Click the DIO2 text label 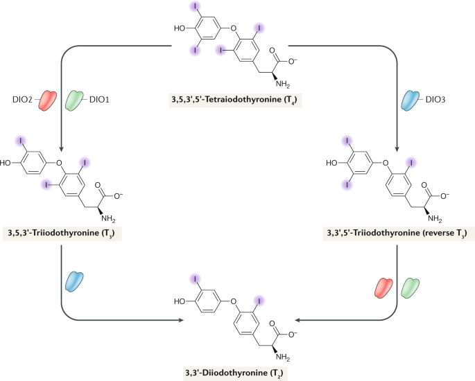click(22, 100)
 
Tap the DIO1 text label click(99, 100)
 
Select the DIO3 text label click(435, 100)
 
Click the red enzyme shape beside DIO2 click(48, 100)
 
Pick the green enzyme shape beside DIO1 click(74, 100)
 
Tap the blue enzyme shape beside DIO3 click(411, 100)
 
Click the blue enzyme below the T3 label click(74, 282)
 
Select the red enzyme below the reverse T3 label click(383, 287)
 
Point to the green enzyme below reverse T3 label click(411, 287)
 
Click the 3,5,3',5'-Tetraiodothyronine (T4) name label click(235, 100)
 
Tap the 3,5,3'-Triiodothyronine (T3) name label click(62, 233)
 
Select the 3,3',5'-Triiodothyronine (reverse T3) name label click(397, 233)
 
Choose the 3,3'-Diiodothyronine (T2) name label click(235, 373)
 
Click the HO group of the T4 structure click(180, 28)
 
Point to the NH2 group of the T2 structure click(283, 357)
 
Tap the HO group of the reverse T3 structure click(331, 163)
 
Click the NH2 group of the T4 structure click(283, 84)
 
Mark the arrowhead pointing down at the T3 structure click(61, 149)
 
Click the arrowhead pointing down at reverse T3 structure click(397, 149)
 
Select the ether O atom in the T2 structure click(233, 301)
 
